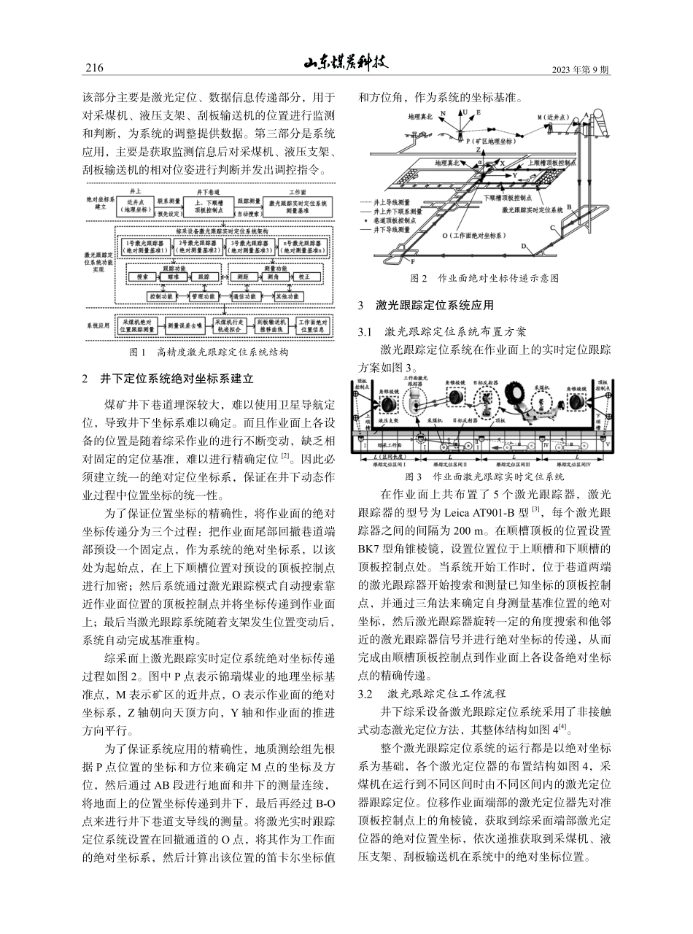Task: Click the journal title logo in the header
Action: tap(346, 63)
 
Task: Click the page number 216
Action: tap(95, 69)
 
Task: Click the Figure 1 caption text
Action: tap(208, 352)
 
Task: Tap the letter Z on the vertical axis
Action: tap(478, 149)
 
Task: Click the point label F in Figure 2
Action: tap(413, 261)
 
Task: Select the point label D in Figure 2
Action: tap(524, 247)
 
